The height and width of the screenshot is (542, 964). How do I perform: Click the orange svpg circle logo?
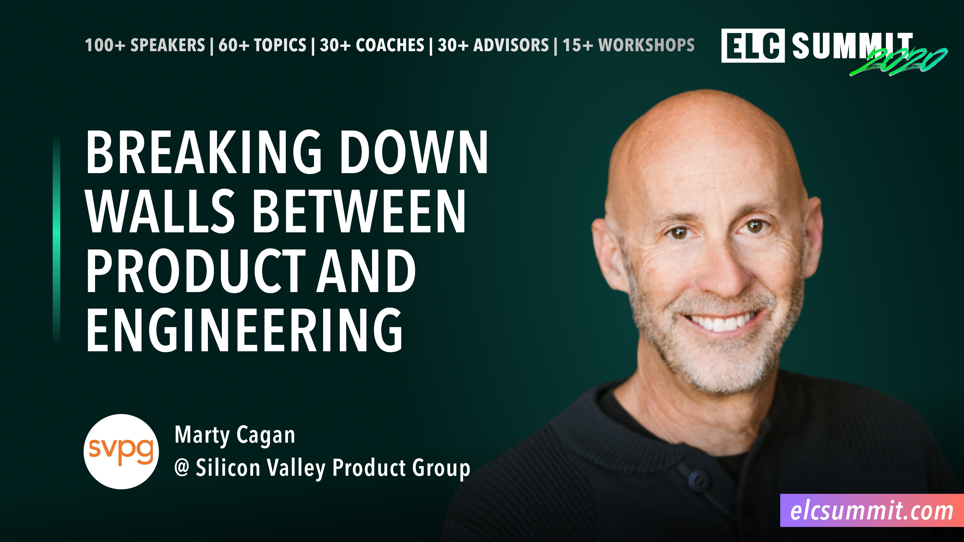click(x=121, y=451)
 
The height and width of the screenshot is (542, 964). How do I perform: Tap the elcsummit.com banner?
click(x=872, y=511)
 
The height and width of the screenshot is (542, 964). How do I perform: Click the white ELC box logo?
click(x=753, y=46)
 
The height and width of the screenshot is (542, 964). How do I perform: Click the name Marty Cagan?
click(x=235, y=435)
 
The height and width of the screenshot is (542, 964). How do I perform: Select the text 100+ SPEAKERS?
click(x=145, y=45)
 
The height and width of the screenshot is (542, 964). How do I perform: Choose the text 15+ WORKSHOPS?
click(x=629, y=45)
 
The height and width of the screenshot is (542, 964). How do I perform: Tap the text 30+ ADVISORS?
click(x=493, y=45)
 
